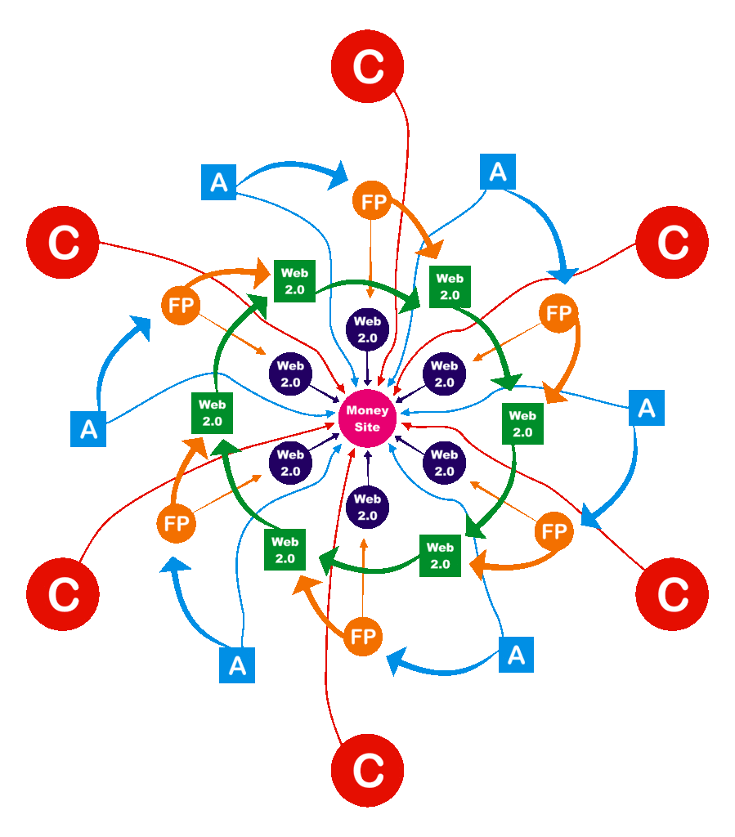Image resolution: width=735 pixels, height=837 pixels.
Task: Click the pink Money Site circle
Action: (368, 418)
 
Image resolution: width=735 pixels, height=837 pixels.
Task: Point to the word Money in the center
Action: (368, 410)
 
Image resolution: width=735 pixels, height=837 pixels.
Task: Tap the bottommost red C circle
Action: (368, 769)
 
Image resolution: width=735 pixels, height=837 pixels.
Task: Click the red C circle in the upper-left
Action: (63, 243)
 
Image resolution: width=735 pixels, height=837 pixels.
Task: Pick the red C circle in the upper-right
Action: (672, 243)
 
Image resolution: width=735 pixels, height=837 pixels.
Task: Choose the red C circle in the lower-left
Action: (63, 594)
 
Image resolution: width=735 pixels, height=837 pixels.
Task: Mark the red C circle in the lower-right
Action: (672, 594)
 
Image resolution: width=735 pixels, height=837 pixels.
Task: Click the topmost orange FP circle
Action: (373, 203)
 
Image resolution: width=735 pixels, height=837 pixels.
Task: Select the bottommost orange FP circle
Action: (362, 636)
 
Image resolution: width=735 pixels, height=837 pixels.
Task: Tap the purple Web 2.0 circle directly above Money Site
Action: (368, 329)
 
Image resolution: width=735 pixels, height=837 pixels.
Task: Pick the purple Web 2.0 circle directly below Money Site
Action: (368, 507)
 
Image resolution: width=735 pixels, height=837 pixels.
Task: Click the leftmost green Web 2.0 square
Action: (213, 413)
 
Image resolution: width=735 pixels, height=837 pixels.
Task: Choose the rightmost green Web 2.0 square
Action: (522, 423)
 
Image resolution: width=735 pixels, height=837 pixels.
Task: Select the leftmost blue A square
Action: (89, 430)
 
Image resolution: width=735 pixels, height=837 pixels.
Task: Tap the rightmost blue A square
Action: (647, 408)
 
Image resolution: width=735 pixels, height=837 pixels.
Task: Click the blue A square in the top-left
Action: (219, 181)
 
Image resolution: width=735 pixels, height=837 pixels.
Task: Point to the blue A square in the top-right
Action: (498, 172)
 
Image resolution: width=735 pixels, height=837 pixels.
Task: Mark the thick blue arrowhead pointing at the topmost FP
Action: (338, 173)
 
